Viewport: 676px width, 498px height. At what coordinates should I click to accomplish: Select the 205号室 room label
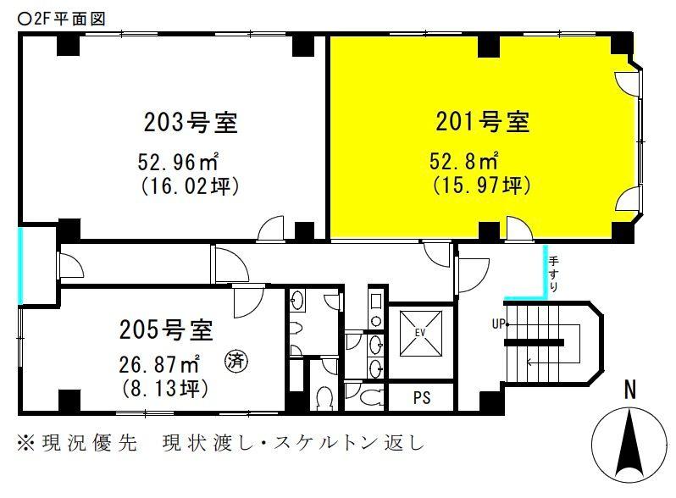165,328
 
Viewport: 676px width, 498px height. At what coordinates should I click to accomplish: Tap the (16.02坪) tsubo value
188,185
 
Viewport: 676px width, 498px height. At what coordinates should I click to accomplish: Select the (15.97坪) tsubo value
481,184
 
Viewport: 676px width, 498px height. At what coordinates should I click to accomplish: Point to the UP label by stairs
498,324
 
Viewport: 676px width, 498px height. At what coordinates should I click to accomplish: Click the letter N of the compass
629,390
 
